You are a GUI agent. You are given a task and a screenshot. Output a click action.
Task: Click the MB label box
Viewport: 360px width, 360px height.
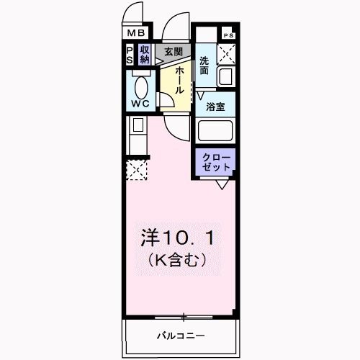coord(136,33)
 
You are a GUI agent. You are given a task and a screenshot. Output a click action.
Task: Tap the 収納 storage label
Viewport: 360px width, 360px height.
coord(145,55)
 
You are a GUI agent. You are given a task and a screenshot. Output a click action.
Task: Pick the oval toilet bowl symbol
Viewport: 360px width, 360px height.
coord(141,86)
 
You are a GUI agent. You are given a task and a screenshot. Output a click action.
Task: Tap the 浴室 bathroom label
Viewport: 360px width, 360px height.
coord(215,107)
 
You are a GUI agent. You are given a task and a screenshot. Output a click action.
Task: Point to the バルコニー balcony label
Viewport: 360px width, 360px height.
coord(181,336)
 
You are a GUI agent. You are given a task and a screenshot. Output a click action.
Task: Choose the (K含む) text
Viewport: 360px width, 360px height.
coord(177,260)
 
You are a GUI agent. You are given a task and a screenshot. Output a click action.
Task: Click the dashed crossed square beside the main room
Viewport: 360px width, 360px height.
coord(137,170)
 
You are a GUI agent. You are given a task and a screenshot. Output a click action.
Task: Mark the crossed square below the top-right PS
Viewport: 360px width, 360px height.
coord(228,53)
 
